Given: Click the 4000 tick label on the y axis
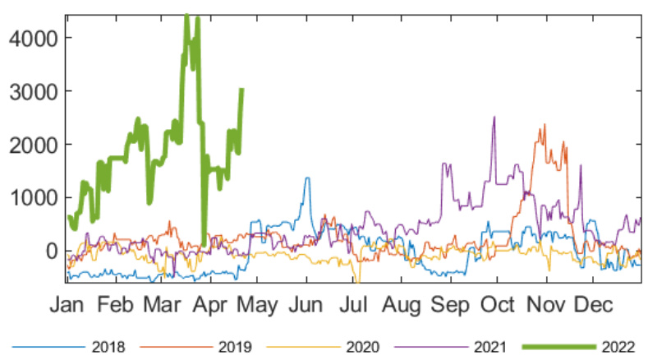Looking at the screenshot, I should (x=33, y=38).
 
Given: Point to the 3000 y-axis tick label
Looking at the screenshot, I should (x=33, y=91).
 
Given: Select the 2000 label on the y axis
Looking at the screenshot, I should (x=33, y=145).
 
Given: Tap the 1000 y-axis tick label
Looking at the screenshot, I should (x=33, y=197).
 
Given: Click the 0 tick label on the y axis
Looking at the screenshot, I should (x=51, y=251).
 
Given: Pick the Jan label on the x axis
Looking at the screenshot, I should (x=67, y=305).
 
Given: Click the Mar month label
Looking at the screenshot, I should (x=162, y=305).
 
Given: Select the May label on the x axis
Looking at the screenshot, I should (x=260, y=305).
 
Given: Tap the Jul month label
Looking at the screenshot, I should (x=354, y=305).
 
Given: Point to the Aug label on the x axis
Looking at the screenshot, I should (x=402, y=305).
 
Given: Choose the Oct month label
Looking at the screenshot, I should (x=498, y=305).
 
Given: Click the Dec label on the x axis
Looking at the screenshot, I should (x=593, y=305).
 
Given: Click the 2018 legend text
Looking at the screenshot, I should (x=109, y=347).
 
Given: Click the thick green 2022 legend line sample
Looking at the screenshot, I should (x=559, y=347).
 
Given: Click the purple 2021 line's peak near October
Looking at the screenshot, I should (x=494, y=117).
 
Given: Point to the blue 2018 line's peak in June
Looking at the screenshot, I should (x=307, y=178).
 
